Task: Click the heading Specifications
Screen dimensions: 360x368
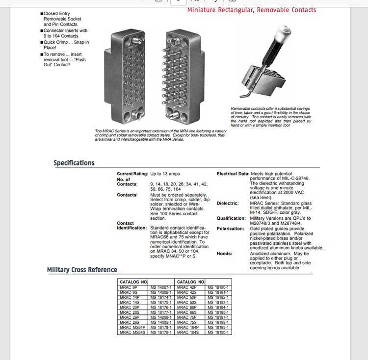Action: (74, 163)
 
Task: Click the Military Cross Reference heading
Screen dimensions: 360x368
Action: (82, 270)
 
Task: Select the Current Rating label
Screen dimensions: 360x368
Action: (132, 174)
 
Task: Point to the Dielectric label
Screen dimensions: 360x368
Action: (228, 203)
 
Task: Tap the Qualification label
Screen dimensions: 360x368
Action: (231, 218)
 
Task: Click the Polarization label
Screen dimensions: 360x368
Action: (230, 229)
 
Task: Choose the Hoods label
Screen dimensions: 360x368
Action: (225, 254)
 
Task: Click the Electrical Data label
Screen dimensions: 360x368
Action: (233, 174)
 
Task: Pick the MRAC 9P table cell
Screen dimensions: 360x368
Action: (129, 287)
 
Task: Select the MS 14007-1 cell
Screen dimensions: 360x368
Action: (161, 287)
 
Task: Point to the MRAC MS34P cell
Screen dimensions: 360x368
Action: (133, 327)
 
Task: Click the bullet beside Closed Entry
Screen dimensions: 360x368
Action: (42, 14)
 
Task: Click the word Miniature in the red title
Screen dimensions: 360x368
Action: (205, 10)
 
